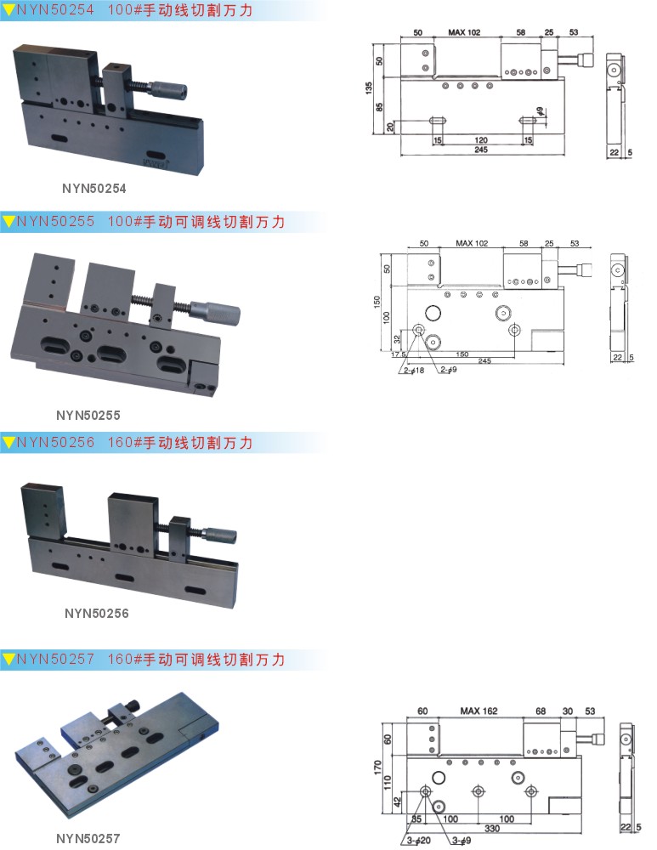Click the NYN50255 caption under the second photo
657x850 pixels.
click(x=88, y=416)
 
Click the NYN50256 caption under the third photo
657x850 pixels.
click(x=97, y=613)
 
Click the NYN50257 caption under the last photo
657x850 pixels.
click(x=88, y=838)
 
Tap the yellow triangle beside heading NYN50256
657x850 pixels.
click(x=8, y=443)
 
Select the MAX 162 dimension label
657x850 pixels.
click(x=479, y=711)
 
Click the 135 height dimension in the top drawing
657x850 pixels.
click(x=370, y=89)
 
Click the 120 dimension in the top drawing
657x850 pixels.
click(x=480, y=139)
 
